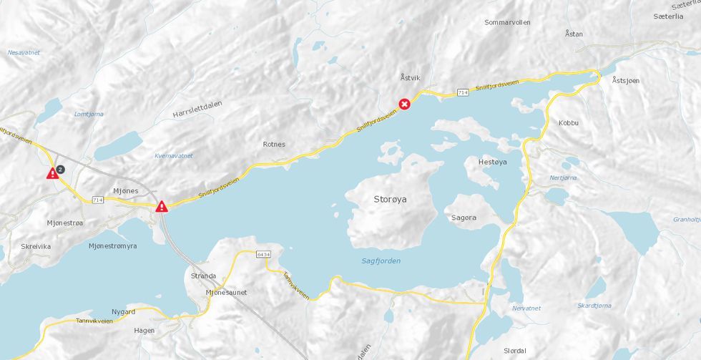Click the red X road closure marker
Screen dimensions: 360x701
coord(404,104)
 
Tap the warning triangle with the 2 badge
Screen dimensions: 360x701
coord(53,173)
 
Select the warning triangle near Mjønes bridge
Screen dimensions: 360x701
coord(162,207)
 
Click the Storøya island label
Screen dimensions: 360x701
coord(390,200)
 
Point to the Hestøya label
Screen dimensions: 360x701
coord(491,162)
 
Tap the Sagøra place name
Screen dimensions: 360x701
coord(464,218)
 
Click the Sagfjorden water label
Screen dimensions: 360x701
coord(381,261)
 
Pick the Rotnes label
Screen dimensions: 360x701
coord(274,144)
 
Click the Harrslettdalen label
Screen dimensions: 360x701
coord(197,109)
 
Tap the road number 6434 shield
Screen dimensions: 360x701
coord(264,254)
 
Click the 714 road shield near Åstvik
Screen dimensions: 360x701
coord(463,92)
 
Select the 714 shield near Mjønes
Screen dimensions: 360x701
coord(98,199)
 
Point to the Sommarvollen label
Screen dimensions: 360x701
coord(507,22)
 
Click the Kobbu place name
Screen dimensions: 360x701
coord(569,123)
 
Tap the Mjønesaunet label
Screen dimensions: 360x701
coord(226,293)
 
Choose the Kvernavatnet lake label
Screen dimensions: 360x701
coord(174,155)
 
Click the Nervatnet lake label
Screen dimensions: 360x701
coord(526,308)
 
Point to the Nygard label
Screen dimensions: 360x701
coord(123,312)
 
